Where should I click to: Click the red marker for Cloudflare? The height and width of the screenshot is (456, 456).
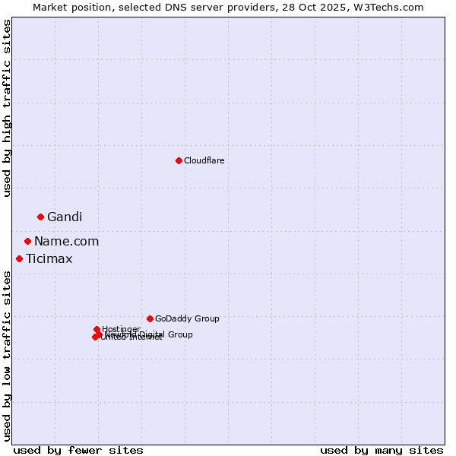179,160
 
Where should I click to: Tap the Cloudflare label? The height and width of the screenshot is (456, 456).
204,160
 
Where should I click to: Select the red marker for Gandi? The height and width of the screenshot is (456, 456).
40,217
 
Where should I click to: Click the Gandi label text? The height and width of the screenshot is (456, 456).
65,217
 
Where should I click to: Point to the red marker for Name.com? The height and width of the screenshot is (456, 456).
27,241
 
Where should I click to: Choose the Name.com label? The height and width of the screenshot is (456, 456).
66,242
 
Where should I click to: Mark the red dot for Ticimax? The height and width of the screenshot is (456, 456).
19,258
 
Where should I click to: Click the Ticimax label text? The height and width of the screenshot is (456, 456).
49,259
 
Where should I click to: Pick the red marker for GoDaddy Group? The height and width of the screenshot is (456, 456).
150,318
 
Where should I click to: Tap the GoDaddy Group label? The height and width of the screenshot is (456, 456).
187,318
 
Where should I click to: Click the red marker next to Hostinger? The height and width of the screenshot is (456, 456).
97,329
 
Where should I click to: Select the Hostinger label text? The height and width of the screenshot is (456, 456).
121,329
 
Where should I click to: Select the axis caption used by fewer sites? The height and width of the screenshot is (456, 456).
78,450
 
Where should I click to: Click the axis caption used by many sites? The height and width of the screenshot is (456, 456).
382,450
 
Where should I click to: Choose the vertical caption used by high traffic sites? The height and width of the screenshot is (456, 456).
7,109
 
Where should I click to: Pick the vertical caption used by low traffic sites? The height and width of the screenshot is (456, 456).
7,356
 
